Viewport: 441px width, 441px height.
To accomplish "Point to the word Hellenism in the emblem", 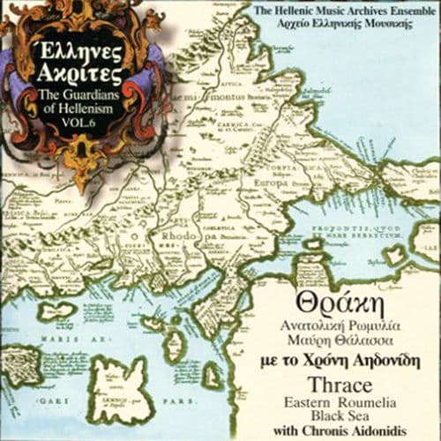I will click(68, 108).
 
